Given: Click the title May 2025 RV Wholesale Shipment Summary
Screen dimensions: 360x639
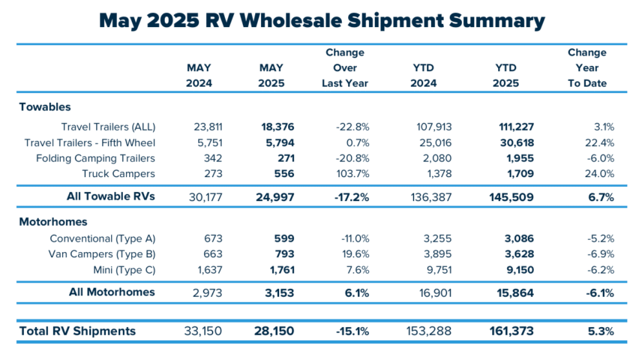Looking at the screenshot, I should (319, 20).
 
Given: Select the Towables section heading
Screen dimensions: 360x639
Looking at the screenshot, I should (45, 107).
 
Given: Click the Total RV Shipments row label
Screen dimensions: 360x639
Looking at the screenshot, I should (78, 331).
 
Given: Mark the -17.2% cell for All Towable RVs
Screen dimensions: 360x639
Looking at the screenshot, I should (349, 197).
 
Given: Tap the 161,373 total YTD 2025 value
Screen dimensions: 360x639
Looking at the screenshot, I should (510, 331).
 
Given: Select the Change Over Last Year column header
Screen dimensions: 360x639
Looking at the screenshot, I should (345, 68).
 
